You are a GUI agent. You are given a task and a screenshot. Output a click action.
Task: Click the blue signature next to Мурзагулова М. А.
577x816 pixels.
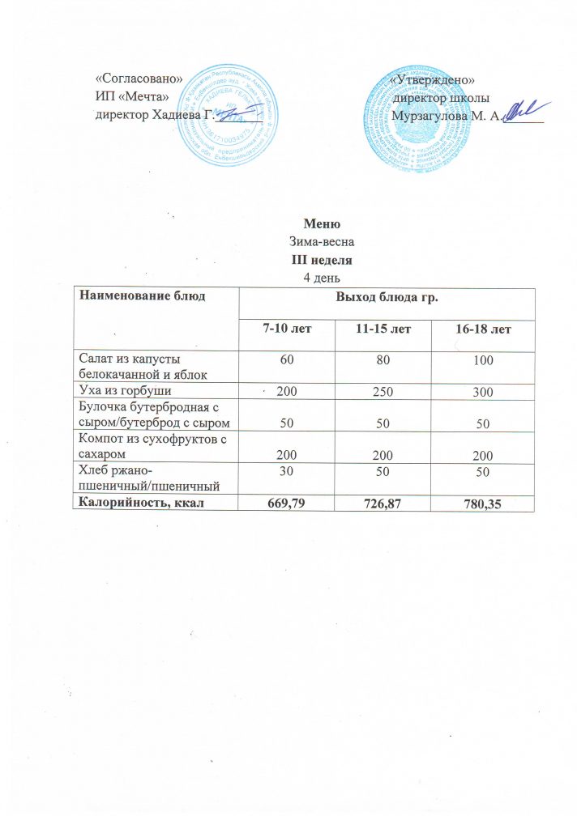tap(527, 111)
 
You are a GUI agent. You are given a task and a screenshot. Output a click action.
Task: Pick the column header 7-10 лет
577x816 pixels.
tap(288, 329)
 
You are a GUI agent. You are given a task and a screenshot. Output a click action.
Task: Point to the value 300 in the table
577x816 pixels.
tap(485, 391)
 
